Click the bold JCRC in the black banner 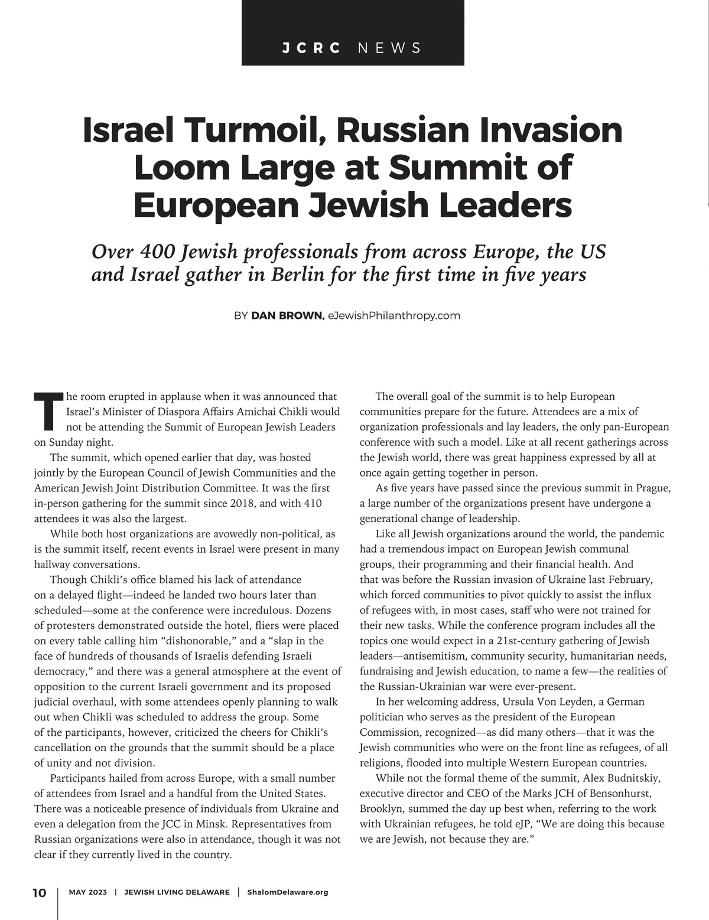click(x=311, y=48)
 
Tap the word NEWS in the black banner click(x=389, y=48)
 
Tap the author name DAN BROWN click(x=288, y=315)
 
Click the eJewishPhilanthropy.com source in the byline click(x=393, y=315)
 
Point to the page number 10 click(x=39, y=892)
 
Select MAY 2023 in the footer click(x=88, y=892)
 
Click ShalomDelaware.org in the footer click(x=287, y=892)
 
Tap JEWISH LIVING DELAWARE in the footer click(x=177, y=892)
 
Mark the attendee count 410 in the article click(x=311, y=504)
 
